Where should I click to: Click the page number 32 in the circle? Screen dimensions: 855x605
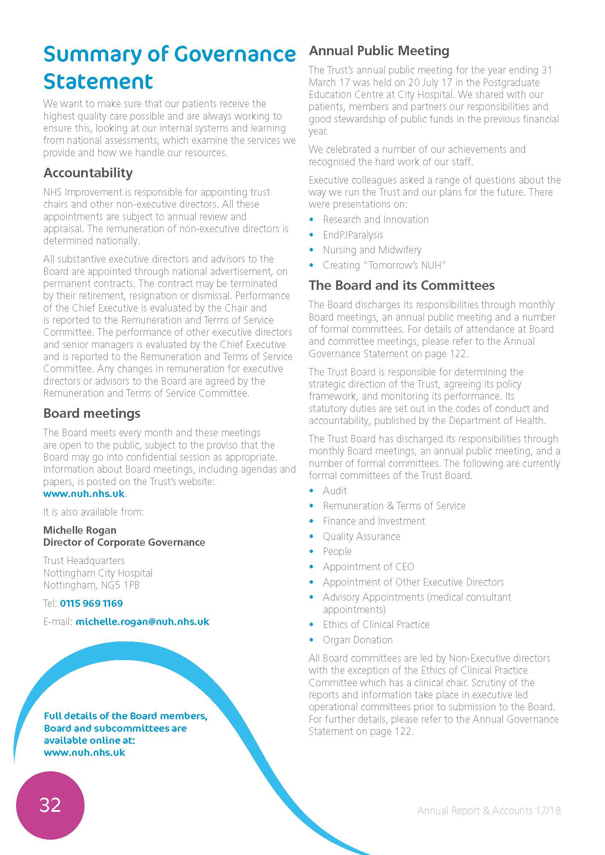[50, 805]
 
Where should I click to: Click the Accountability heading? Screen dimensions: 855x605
[88, 173]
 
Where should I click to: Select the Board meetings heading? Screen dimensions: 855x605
[92, 413]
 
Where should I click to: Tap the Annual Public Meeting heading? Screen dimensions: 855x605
[379, 51]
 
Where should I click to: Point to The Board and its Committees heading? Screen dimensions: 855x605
[402, 285]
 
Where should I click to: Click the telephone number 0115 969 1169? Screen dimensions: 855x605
[91, 603]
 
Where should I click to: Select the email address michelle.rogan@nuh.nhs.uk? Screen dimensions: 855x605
[142, 621]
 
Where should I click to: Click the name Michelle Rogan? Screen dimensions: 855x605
[80, 530]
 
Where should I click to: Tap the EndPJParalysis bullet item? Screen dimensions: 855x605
[353, 235]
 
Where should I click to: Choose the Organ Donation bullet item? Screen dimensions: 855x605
[358, 640]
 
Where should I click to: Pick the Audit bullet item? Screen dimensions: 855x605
[335, 491]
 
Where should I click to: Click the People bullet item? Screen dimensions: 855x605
[337, 552]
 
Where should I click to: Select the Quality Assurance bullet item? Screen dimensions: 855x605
[361, 536]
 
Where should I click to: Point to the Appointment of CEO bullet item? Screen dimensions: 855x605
[368, 567]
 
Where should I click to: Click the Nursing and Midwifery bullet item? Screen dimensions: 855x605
[372, 250]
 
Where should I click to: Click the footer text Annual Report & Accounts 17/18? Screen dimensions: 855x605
[488, 810]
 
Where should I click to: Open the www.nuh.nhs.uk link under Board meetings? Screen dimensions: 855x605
[84, 494]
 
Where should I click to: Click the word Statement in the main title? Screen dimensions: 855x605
[98, 82]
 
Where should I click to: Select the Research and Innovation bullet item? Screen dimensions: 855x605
[376, 220]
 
